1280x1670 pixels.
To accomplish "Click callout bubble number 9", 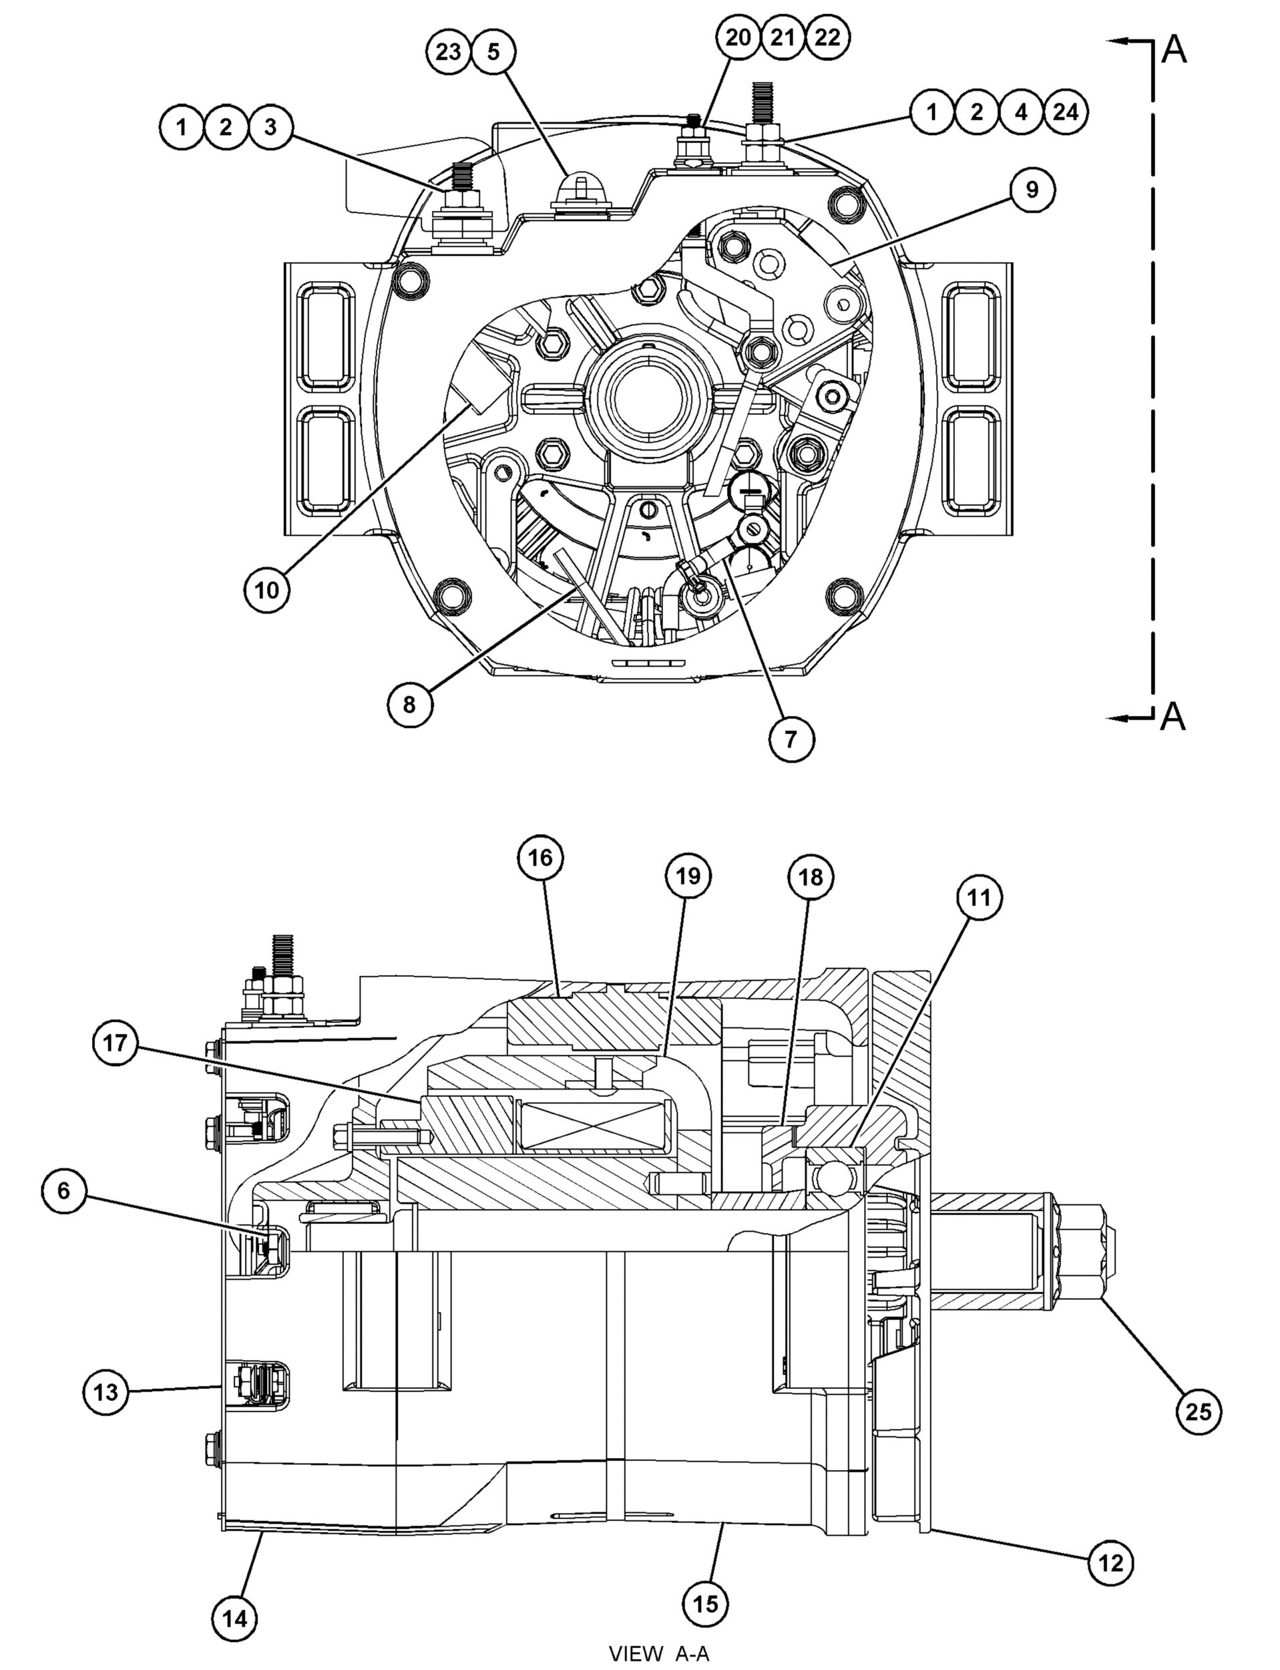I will pos(1032,190).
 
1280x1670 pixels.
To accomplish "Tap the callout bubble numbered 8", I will pos(410,704).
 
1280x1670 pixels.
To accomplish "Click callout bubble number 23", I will pos(448,52).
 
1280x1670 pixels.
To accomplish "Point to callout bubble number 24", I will pos(1065,112).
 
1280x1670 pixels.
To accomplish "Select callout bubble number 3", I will pos(270,128).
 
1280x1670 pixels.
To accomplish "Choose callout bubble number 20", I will pos(738,37).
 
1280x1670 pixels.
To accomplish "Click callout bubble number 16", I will pos(540,858).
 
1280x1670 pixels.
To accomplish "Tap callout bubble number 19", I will pos(688,876).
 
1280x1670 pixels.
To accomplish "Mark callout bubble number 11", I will pos(979,898).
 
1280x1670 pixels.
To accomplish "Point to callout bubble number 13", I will pos(105,1393).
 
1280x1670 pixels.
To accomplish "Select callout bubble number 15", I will pos(706,1604).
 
